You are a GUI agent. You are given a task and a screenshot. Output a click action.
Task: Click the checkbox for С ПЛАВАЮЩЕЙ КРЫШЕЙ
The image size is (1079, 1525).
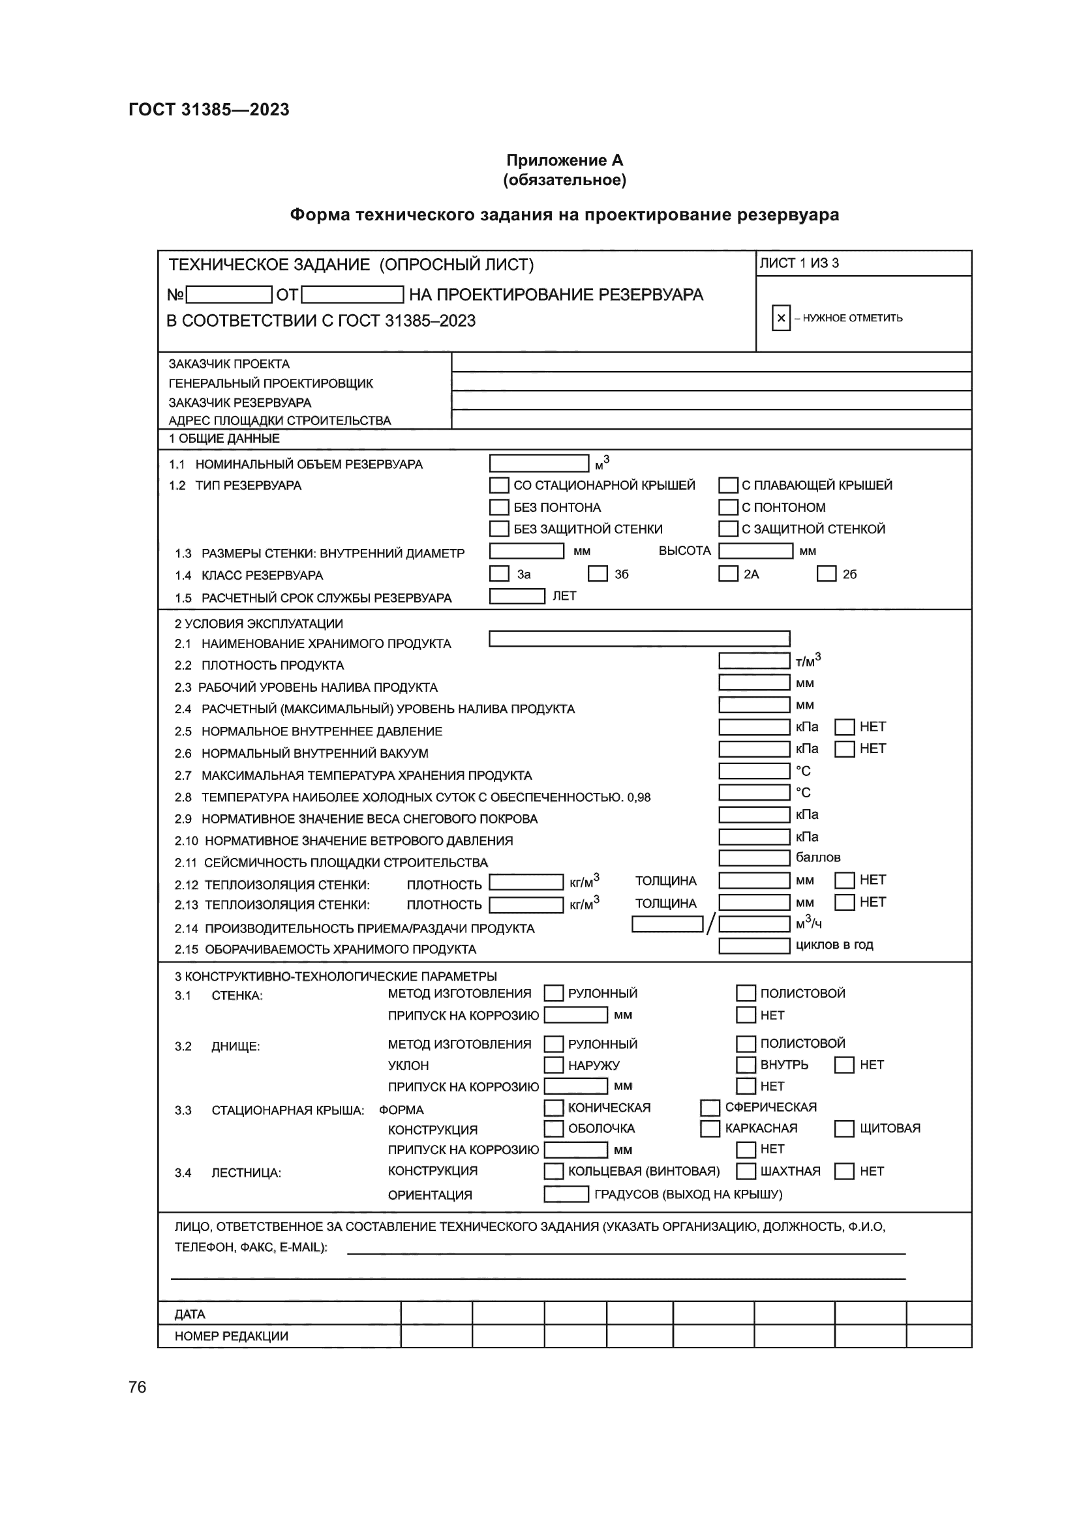pos(728,486)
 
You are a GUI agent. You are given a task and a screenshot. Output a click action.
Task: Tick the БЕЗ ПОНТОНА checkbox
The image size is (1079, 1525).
pos(499,507)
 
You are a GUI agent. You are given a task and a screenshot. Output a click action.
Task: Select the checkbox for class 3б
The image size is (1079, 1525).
pos(598,574)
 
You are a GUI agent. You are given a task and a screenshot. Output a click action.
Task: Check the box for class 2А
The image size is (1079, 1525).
pos(728,574)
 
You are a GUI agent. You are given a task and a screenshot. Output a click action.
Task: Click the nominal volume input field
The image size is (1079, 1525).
pos(539,463)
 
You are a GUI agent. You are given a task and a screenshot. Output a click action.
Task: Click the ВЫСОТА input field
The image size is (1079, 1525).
pos(755,551)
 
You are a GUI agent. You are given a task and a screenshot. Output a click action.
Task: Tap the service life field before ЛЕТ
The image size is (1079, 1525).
pos(517,597)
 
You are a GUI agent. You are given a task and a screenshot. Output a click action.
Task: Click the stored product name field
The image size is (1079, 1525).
pos(639,639)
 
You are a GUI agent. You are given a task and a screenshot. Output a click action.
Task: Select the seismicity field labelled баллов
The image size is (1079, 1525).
pos(754,858)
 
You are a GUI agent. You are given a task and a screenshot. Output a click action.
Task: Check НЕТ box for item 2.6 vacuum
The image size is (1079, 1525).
pos(844,749)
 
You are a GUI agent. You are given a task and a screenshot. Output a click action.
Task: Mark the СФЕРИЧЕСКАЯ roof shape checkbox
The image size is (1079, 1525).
pos(710,1107)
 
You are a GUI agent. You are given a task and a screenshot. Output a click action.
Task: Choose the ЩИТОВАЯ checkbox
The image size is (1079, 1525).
pos(844,1129)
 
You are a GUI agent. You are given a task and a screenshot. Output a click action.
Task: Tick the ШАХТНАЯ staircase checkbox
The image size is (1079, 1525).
pos(746,1171)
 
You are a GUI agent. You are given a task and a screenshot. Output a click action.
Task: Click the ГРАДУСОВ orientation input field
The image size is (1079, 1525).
pos(566,1194)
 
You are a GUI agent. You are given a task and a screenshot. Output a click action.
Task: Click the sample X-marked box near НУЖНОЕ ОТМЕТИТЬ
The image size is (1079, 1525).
pos(782,318)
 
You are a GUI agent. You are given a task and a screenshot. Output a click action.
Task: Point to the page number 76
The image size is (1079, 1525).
pos(138,1387)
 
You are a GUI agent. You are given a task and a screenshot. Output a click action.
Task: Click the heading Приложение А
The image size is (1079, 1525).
pos(564,160)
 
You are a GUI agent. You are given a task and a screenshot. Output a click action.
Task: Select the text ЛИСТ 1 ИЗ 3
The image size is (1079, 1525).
pos(799,263)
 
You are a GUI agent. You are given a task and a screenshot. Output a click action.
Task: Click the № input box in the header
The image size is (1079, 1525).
pos(229,294)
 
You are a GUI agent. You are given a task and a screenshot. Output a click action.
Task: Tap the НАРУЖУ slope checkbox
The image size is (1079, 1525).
pos(553,1065)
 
